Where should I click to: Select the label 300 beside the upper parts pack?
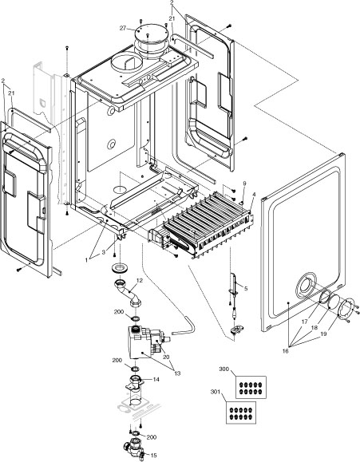(224, 370)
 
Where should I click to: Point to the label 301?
(213, 393)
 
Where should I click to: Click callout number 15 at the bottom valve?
(154, 455)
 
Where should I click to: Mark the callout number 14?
(156, 379)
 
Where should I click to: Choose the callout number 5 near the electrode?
(246, 287)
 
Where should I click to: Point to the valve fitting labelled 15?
(133, 446)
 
